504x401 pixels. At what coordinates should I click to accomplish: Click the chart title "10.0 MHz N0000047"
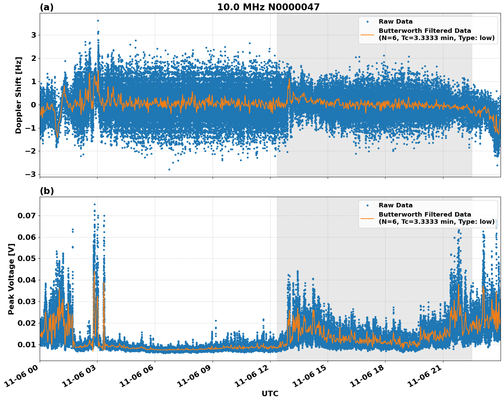pyautogui.click(x=268, y=7)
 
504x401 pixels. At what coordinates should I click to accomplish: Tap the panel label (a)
pyautogui.click(x=47, y=7)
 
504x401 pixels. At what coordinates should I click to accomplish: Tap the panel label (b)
pyautogui.click(x=47, y=191)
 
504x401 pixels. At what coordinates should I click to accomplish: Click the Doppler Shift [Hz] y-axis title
pyautogui.click(x=18, y=95)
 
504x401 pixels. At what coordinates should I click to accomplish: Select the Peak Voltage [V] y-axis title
pyautogui.click(x=11, y=279)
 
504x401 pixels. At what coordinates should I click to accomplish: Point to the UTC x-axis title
pyautogui.click(x=270, y=393)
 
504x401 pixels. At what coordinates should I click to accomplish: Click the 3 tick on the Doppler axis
pyautogui.click(x=34, y=35)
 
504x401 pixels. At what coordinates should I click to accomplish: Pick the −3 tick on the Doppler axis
pyautogui.click(x=30, y=174)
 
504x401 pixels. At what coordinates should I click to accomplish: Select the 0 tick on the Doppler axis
pyautogui.click(x=34, y=105)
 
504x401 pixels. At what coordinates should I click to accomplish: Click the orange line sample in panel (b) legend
pyautogui.click(x=367, y=218)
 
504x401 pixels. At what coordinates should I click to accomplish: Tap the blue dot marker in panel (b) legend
pyautogui.click(x=367, y=205)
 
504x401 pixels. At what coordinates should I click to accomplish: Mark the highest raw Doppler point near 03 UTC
pyautogui.click(x=98, y=21)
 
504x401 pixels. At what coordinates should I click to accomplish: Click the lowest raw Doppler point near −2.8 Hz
pyautogui.click(x=169, y=169)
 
